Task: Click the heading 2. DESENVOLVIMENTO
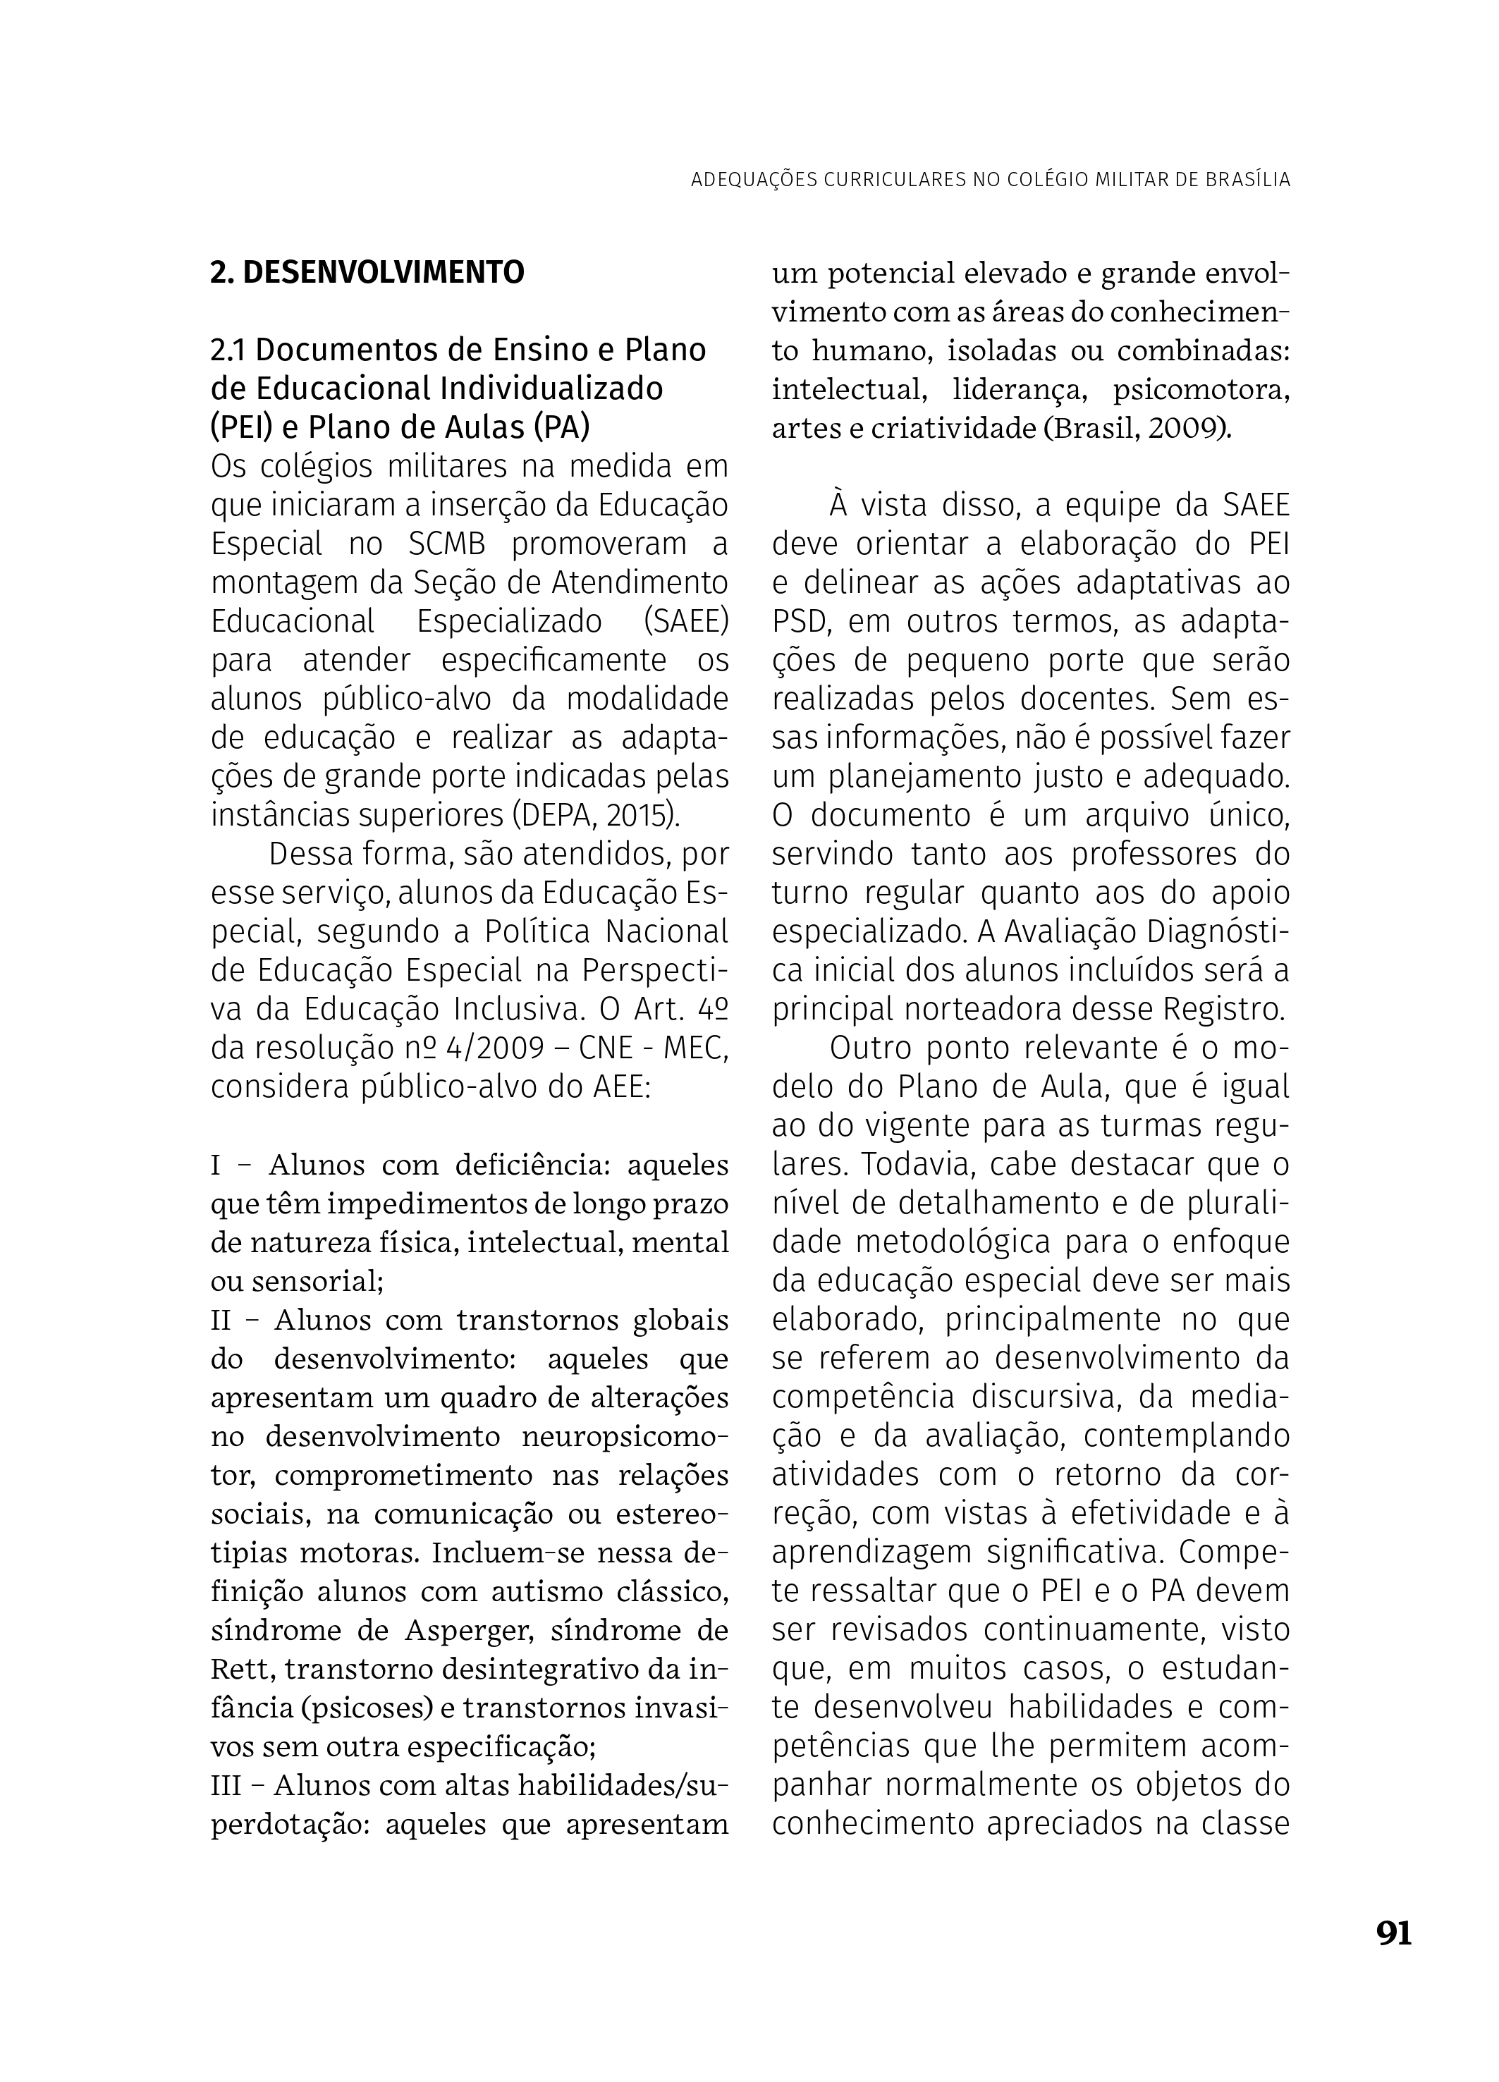tap(367, 273)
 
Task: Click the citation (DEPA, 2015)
tap(596, 815)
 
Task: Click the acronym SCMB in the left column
tap(445, 544)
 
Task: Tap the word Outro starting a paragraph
tap(867, 1048)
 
